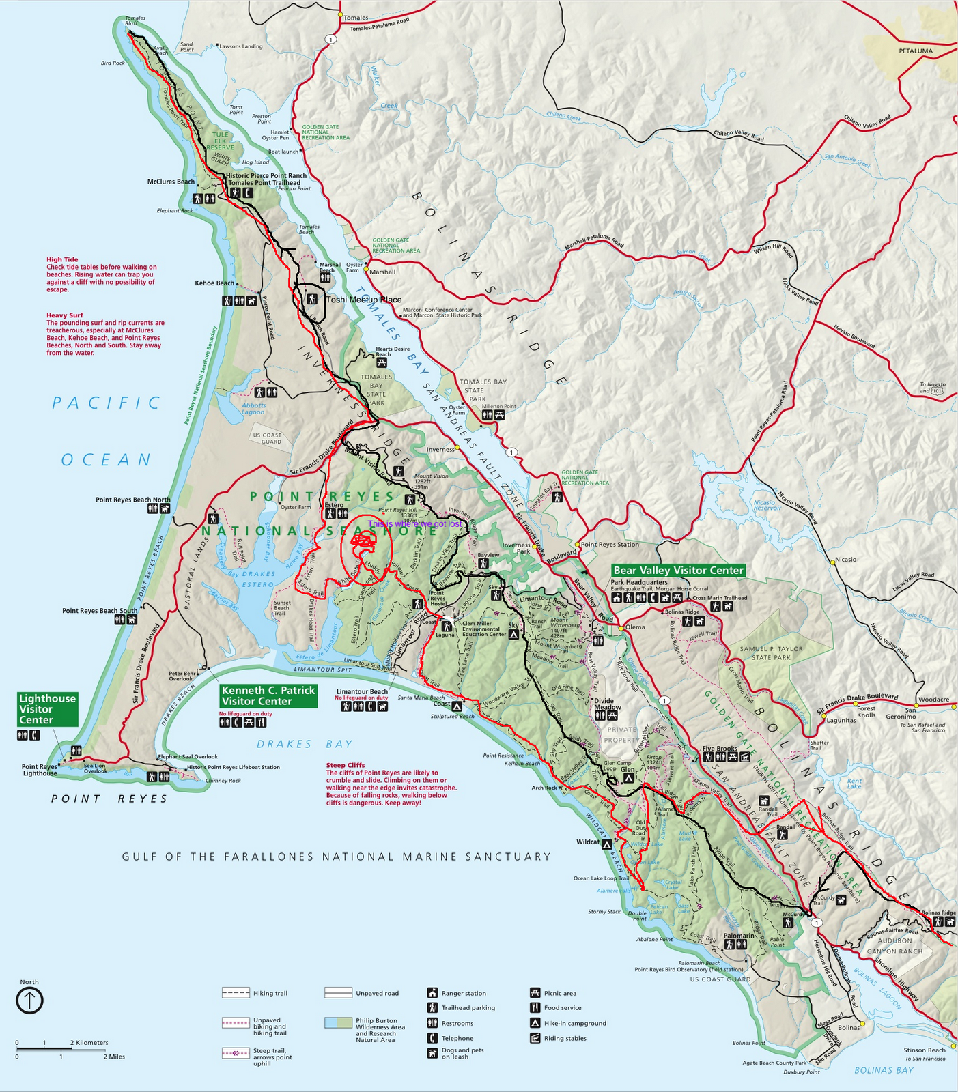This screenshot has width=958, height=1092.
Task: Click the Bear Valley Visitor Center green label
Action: [x=677, y=570]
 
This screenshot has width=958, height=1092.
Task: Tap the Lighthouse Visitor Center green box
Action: [x=47, y=709]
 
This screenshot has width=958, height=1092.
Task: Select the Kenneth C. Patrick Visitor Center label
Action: [x=268, y=696]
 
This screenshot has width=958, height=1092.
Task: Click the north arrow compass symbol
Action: [x=29, y=1001]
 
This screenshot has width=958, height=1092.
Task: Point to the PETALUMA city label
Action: [x=915, y=51]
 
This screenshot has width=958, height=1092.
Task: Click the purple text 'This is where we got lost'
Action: [x=414, y=524]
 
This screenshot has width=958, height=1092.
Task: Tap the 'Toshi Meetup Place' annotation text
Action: [x=363, y=300]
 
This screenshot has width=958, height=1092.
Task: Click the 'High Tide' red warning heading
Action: [x=62, y=259]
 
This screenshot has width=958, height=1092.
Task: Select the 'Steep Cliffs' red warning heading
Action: [x=346, y=765]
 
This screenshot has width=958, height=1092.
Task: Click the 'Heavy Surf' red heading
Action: [x=64, y=315]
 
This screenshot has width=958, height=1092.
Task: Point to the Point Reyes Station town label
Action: [x=610, y=544]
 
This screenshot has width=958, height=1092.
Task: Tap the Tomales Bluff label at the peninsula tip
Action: [x=135, y=20]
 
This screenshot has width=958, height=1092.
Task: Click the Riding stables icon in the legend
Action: [x=535, y=1038]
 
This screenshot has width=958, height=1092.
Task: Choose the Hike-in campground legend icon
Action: [x=535, y=1023]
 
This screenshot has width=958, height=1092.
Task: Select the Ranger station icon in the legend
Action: [x=432, y=993]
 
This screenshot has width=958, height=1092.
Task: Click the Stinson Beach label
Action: [x=925, y=1050]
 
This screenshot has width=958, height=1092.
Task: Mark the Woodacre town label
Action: [x=933, y=700]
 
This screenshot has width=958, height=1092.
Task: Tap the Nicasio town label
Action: [x=845, y=560]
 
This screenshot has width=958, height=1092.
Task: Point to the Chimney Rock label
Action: [x=223, y=780]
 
